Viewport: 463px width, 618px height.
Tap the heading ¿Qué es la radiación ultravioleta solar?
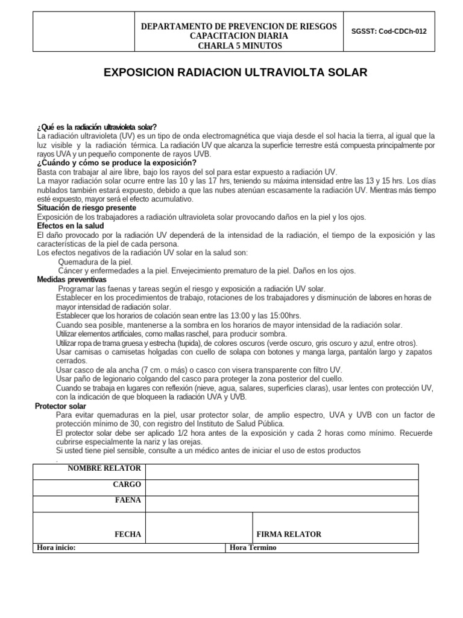[x=96, y=127]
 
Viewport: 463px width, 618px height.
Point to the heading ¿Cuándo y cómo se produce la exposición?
[x=116, y=163]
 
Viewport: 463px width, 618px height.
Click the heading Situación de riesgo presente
[x=87, y=208]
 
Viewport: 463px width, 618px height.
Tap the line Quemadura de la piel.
[x=95, y=263]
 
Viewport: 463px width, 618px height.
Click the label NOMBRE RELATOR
[x=104, y=468]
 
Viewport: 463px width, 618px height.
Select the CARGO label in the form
[x=127, y=485]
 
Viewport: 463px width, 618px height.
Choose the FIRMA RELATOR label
[x=289, y=534]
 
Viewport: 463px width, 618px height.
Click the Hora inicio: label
[x=56, y=547]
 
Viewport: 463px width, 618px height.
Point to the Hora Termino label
[x=253, y=547]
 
